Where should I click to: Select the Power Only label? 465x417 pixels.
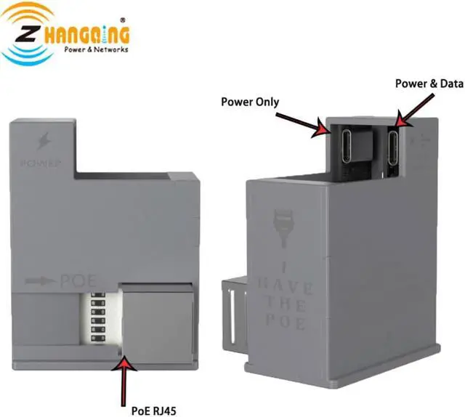pos(250,102)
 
